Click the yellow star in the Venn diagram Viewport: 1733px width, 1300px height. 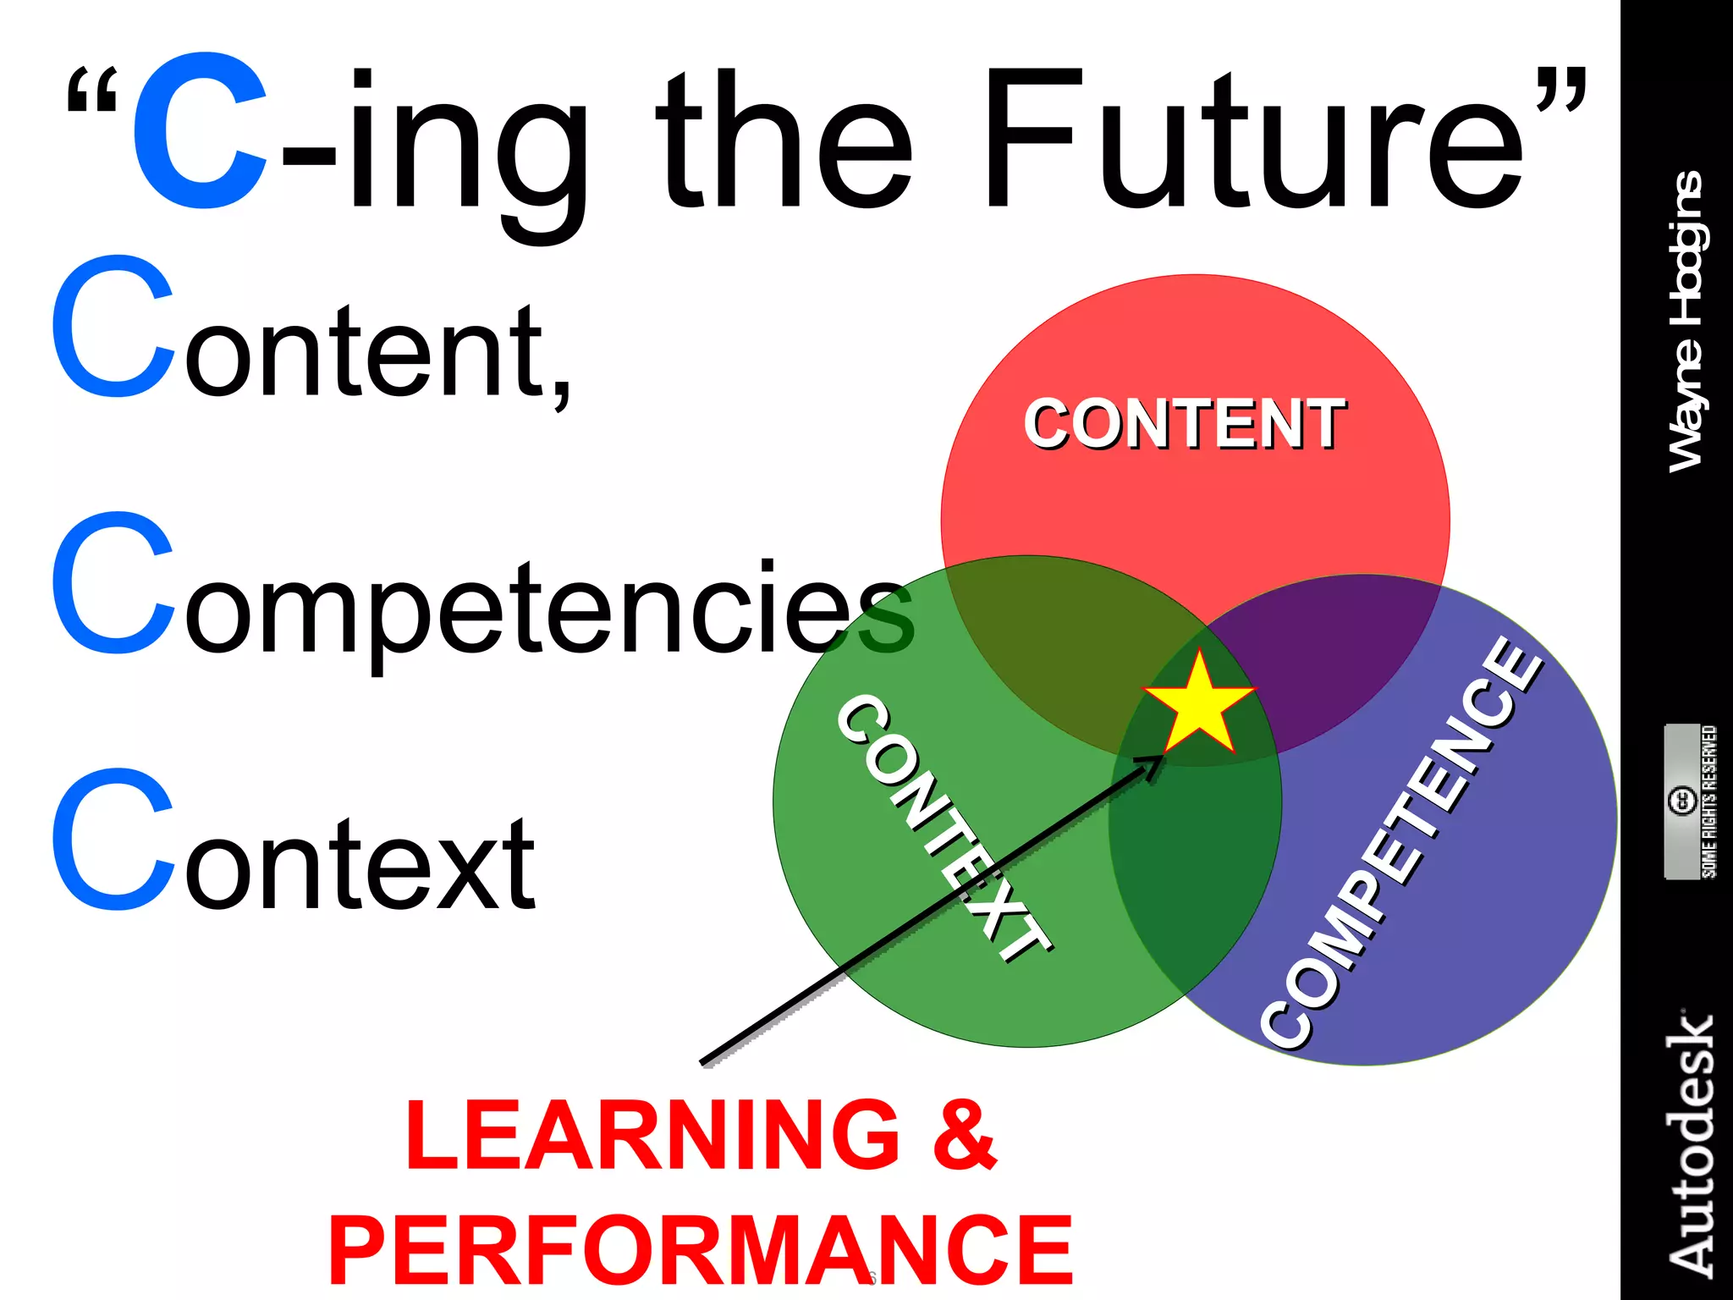tap(1198, 704)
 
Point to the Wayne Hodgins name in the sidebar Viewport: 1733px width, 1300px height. tap(1686, 322)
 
